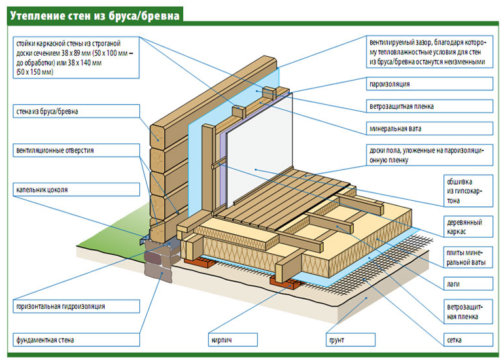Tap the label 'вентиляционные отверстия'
(x=55, y=151)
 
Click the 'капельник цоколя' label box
(x=42, y=190)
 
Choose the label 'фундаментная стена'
(x=45, y=340)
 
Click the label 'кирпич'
(x=222, y=340)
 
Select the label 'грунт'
(x=336, y=340)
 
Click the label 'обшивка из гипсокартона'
(x=464, y=191)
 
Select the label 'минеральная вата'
(x=392, y=128)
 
